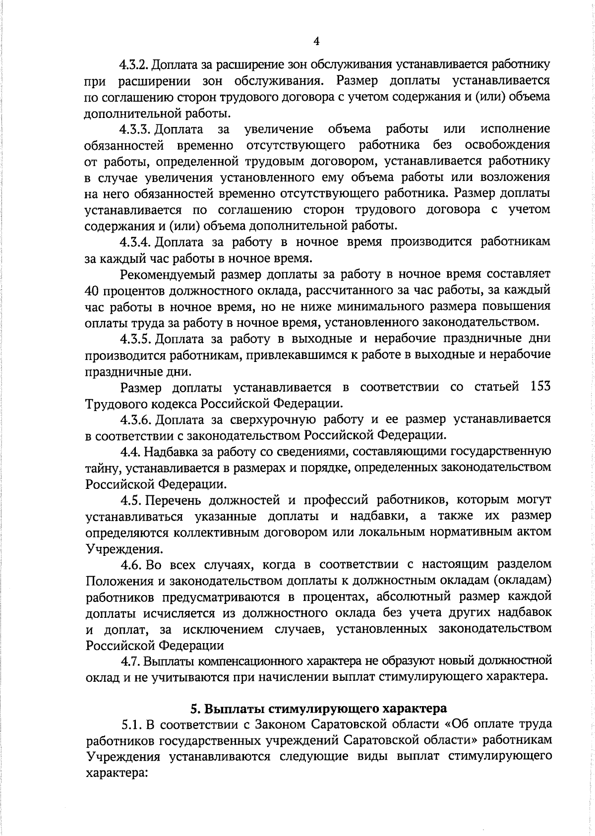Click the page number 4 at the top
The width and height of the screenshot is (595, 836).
point(316,41)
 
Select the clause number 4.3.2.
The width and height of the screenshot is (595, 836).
point(134,64)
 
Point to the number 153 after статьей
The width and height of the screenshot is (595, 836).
point(540,387)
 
